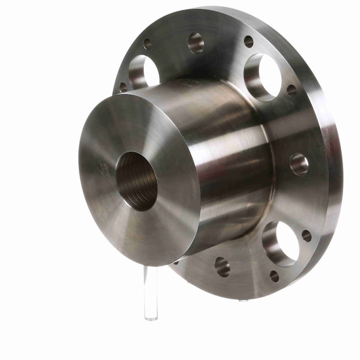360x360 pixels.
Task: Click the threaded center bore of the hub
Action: (136, 181)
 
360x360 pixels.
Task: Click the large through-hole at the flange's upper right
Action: (262, 76)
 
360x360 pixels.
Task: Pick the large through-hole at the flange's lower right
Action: (280, 243)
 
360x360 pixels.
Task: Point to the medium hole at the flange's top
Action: (196, 43)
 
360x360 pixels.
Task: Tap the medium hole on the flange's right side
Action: (299, 164)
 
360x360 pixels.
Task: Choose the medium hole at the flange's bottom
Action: (222, 266)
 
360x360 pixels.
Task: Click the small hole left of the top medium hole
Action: (148, 44)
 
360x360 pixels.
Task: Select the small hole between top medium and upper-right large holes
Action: (248, 41)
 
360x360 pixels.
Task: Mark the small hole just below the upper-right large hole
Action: (292, 91)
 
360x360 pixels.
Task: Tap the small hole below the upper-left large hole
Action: (124, 88)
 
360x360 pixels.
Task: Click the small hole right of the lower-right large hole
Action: (307, 236)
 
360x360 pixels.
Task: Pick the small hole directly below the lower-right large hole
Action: (274, 276)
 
